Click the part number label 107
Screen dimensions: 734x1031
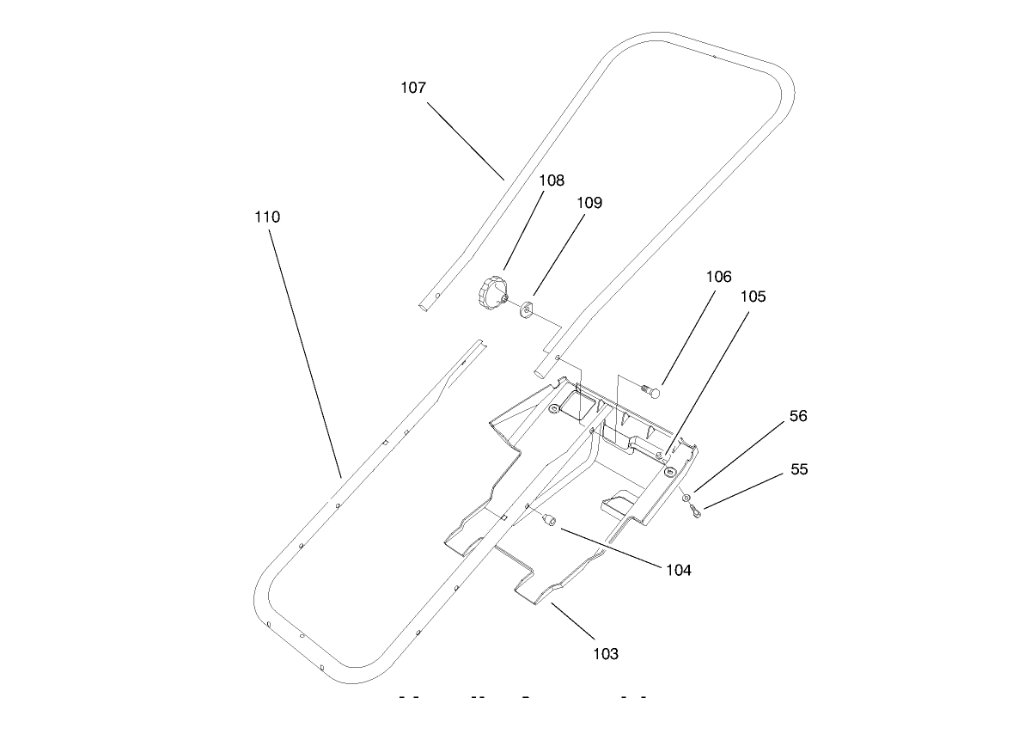pyautogui.click(x=413, y=88)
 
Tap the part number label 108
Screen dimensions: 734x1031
pyautogui.click(x=552, y=180)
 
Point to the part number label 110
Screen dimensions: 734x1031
pyautogui.click(x=267, y=217)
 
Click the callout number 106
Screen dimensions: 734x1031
pyautogui.click(x=719, y=277)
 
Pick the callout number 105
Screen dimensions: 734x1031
pyautogui.click(x=753, y=297)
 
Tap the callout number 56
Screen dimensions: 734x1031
pyautogui.click(x=798, y=416)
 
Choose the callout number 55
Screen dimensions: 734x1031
pyautogui.click(x=799, y=470)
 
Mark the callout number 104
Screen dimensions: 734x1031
pyautogui.click(x=678, y=570)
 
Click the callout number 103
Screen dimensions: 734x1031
pyautogui.click(x=606, y=654)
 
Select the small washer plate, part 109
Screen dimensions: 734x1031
pyautogui.click(x=526, y=307)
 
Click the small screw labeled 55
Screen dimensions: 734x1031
pyautogui.click(x=695, y=512)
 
